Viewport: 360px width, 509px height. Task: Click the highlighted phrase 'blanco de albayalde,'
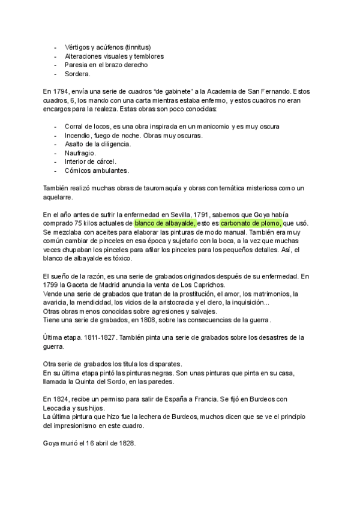(165, 221)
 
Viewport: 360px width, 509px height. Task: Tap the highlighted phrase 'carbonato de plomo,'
(251, 221)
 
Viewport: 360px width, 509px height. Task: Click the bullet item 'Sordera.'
(77, 74)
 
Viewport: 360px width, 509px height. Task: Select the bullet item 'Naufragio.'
(80, 153)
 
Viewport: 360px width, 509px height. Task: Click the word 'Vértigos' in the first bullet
(79, 47)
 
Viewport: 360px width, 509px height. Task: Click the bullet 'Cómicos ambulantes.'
(96, 170)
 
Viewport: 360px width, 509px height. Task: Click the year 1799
(53, 285)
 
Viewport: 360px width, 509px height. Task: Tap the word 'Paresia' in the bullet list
(76, 65)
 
